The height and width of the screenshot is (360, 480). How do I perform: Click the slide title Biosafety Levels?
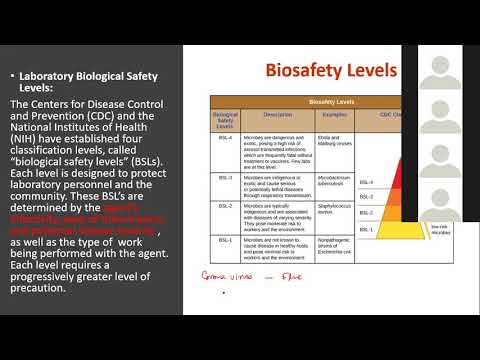point(330,70)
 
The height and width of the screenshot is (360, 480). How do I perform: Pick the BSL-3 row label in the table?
point(225,177)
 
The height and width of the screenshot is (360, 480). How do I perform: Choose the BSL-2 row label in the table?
point(225,206)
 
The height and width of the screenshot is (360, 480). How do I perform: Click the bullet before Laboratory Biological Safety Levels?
point(10,75)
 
